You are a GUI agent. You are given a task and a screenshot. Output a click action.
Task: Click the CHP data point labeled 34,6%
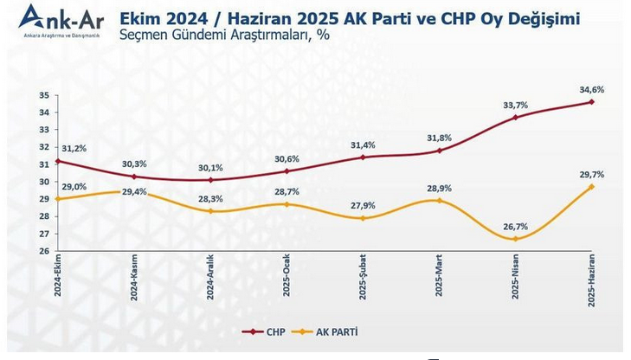(591, 102)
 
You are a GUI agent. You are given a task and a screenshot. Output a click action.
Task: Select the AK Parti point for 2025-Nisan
(515, 239)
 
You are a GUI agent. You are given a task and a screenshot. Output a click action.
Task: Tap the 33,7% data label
(515, 105)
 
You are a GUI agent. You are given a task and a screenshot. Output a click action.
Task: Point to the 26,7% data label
(515, 227)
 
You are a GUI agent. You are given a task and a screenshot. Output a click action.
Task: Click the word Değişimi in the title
(538, 17)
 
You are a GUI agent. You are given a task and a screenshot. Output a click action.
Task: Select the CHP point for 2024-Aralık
(210, 180)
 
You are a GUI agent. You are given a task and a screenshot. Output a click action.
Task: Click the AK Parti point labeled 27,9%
(363, 218)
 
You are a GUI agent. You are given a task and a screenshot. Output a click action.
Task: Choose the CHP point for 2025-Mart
(439, 151)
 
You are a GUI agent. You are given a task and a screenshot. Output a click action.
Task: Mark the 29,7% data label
(591, 174)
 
